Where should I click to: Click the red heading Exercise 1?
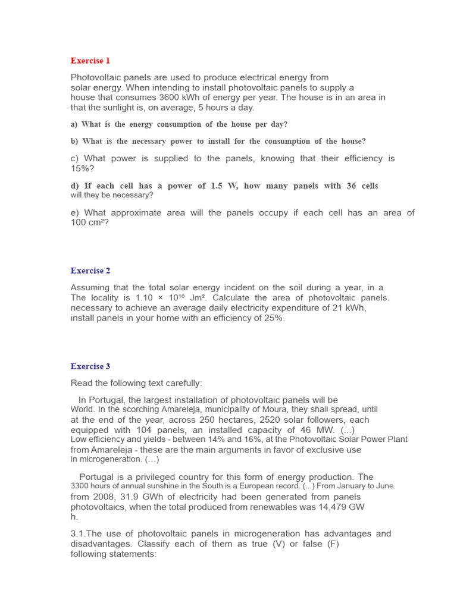[x=90, y=61]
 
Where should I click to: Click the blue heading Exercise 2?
[x=90, y=271]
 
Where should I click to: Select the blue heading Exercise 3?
[x=90, y=366]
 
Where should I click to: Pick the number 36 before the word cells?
[x=351, y=186]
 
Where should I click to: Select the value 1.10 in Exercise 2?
[x=146, y=298]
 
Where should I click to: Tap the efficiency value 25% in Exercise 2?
[x=274, y=318]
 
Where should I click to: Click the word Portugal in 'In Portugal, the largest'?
[x=106, y=400]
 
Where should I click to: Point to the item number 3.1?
[x=79, y=534]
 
